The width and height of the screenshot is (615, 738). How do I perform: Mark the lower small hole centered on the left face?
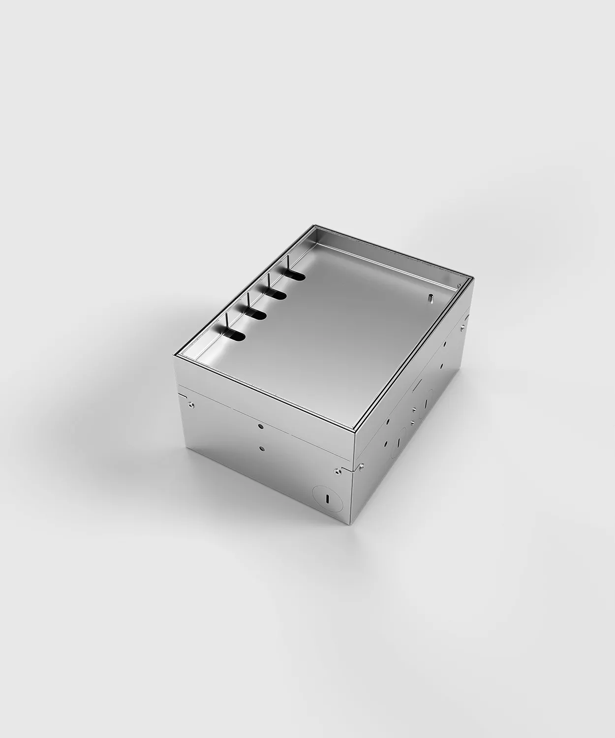[262, 448]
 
